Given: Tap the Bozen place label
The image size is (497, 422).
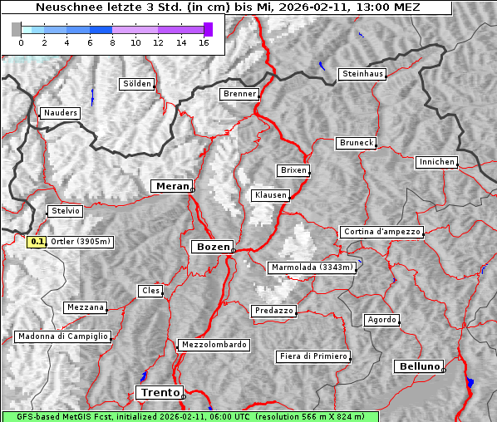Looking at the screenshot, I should click(x=213, y=247).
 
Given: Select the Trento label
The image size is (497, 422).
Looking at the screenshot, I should click(x=159, y=392).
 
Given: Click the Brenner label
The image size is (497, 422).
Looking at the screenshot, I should click(x=240, y=94).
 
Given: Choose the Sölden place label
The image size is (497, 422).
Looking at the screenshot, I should click(x=137, y=84).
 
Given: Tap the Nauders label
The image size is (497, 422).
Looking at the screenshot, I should click(x=60, y=113).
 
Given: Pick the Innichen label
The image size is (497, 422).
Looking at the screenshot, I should click(x=436, y=162).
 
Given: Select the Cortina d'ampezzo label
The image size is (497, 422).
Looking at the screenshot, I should click(x=381, y=232).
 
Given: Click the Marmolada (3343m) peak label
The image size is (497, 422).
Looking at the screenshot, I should click(x=312, y=267).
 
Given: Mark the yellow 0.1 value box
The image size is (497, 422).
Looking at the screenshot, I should click(x=37, y=242).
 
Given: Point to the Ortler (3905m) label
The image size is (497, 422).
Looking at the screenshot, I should click(x=81, y=242).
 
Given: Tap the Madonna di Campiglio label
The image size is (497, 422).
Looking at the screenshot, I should click(x=62, y=336).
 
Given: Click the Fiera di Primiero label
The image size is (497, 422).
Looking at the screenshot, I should click(x=312, y=356).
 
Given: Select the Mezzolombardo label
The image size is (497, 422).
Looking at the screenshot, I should click(x=213, y=345).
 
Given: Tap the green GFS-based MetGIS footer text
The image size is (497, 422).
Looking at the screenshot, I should click(x=189, y=416).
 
